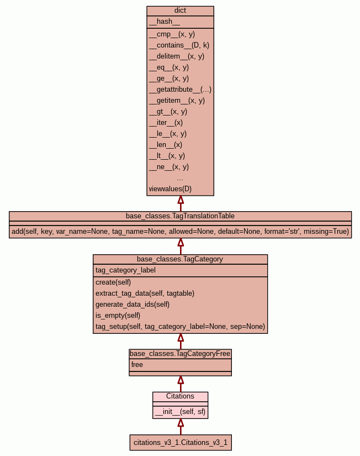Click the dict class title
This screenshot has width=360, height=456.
180,11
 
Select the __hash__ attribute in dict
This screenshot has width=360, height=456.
164,22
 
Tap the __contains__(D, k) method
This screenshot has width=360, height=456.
179,45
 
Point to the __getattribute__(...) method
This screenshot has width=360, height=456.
180,89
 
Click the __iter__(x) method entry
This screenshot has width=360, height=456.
166,122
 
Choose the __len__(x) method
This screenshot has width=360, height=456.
165,144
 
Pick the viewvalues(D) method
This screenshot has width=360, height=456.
170,188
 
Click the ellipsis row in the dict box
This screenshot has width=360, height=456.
180,178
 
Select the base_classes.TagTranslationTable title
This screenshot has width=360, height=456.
180,216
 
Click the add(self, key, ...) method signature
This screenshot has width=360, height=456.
180,231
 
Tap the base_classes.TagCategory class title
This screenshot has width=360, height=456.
180,259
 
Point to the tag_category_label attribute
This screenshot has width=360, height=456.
125,270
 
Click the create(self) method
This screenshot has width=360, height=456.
113,282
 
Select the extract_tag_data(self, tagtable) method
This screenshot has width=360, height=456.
145,293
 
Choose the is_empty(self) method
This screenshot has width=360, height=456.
118,315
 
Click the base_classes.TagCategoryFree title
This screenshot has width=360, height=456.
180,353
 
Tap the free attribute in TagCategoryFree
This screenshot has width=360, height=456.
137,364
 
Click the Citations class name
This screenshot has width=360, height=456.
180,396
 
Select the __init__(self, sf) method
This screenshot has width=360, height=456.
180,411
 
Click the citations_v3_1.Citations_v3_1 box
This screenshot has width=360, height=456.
180,442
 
